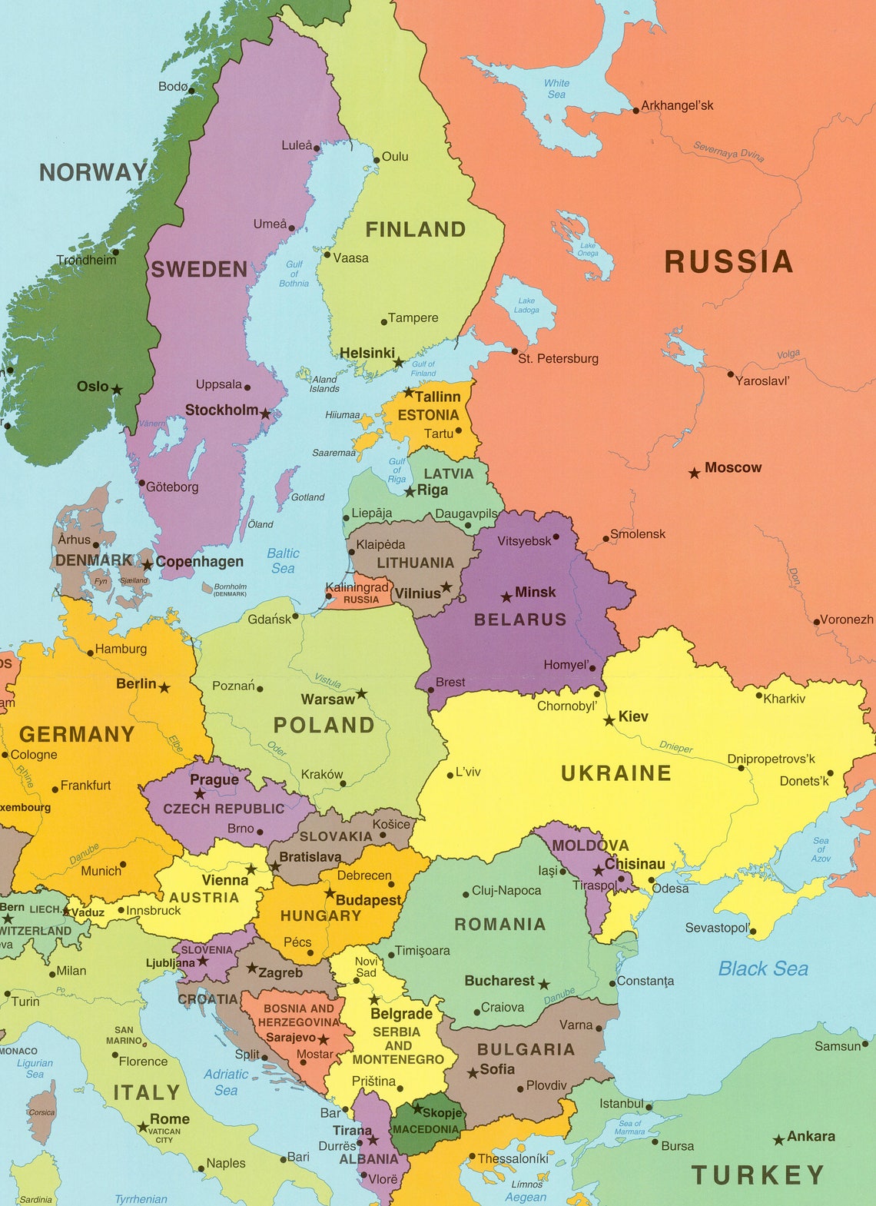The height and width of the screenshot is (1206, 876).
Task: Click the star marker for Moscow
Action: pyautogui.click(x=694, y=473)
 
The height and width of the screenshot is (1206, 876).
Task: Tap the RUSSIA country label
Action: pyautogui.click(x=728, y=261)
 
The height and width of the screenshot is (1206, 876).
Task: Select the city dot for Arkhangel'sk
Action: pyautogui.click(x=635, y=111)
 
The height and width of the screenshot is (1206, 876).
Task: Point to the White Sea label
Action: pyautogui.click(x=556, y=88)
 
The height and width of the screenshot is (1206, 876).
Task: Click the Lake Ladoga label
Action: pyautogui.click(x=526, y=305)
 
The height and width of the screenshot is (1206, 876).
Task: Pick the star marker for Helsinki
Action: pyautogui.click(x=398, y=362)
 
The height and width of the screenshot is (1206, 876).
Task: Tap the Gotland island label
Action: pyautogui.click(x=307, y=497)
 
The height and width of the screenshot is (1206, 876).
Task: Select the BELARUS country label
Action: pyautogui.click(x=519, y=620)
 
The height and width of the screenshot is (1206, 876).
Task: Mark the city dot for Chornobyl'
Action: pyautogui.click(x=597, y=693)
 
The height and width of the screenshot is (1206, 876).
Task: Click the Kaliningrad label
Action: pyautogui.click(x=357, y=587)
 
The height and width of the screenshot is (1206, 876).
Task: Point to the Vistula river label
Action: pyautogui.click(x=328, y=680)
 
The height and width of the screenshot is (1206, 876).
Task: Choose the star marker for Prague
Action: pyautogui.click(x=200, y=794)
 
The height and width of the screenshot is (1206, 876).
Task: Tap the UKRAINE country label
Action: pyautogui.click(x=616, y=773)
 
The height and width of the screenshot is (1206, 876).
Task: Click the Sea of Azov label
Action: pyautogui.click(x=821, y=849)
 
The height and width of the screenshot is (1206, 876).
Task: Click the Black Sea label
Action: pyautogui.click(x=762, y=968)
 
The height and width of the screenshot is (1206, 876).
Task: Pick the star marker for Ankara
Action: pyautogui.click(x=778, y=1140)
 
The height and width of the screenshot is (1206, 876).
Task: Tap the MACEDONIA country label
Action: pyautogui.click(x=425, y=1129)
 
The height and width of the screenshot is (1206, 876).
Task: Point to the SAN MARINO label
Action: pyautogui.click(x=124, y=1035)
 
